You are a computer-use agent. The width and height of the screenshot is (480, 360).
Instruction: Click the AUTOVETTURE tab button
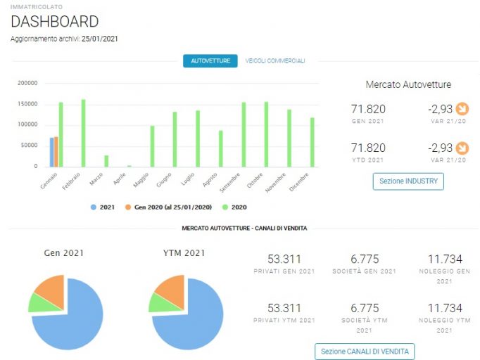(x=210, y=61)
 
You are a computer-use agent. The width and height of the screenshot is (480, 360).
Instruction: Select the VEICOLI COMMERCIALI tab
(x=275, y=61)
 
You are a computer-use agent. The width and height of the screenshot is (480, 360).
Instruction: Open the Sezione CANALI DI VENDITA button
(x=365, y=352)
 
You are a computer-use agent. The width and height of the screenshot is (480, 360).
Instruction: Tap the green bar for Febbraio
(x=83, y=134)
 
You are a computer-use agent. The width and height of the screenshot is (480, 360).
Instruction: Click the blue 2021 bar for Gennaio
(x=52, y=153)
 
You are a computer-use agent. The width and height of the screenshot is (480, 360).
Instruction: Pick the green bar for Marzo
(x=106, y=161)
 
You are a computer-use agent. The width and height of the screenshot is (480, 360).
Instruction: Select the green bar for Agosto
(x=221, y=148)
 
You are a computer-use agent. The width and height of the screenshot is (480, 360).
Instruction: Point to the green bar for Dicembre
(x=312, y=142)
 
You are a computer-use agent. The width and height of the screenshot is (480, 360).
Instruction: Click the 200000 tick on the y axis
(x=27, y=83)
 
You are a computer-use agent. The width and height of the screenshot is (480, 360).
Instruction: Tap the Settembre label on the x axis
(x=230, y=183)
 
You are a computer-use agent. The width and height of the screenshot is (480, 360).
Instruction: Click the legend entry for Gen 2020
(x=169, y=207)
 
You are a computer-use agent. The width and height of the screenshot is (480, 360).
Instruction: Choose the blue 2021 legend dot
(x=94, y=207)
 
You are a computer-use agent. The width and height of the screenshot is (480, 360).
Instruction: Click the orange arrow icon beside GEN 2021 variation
(x=462, y=108)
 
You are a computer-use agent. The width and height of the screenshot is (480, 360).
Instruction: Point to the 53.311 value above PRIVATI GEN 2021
(x=284, y=259)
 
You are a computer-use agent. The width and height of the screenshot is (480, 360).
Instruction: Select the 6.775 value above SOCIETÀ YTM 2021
(x=365, y=308)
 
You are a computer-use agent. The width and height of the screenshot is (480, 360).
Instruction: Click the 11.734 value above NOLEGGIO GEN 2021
(x=445, y=259)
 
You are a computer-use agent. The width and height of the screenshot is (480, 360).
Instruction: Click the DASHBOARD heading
(x=55, y=21)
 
